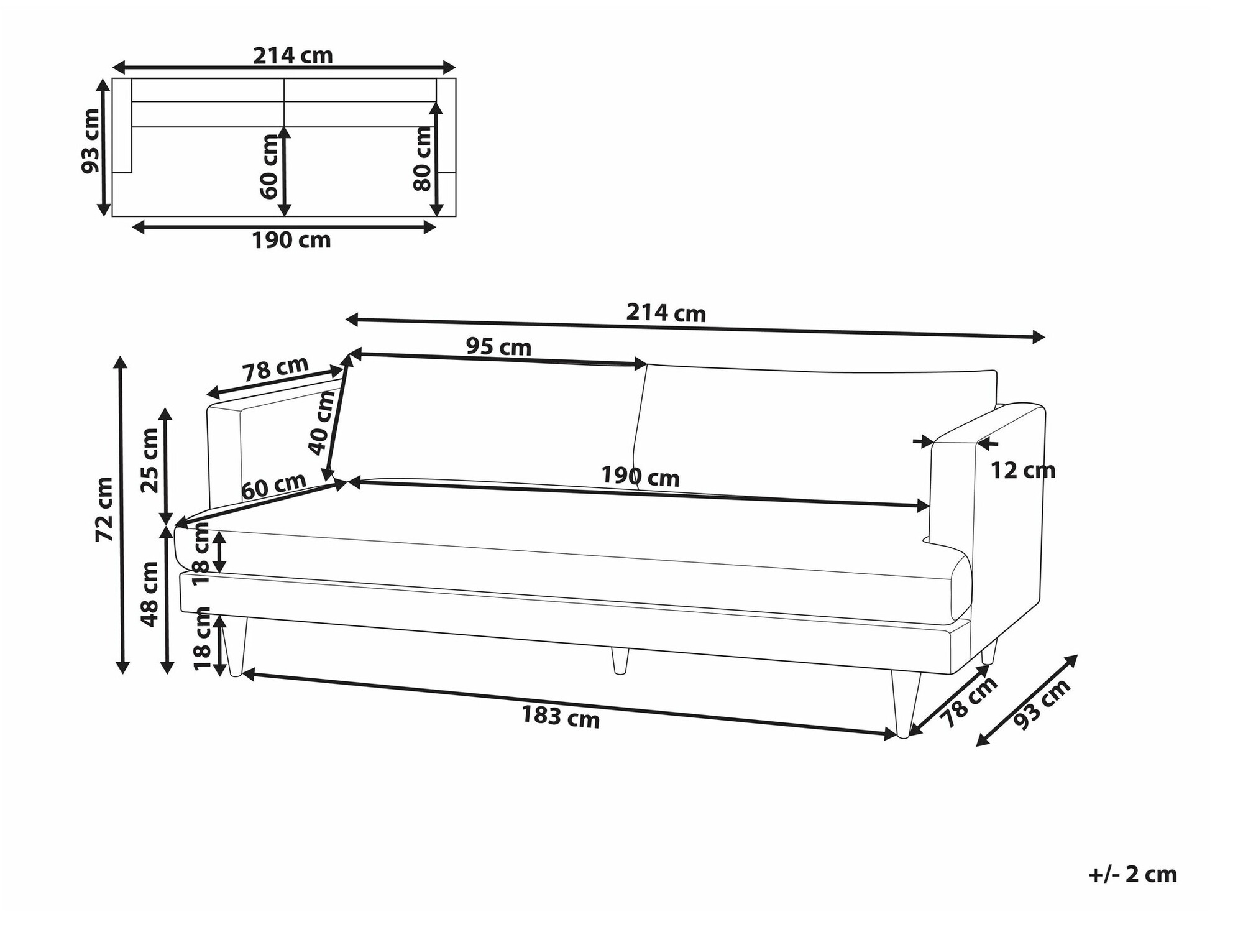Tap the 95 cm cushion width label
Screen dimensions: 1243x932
[x=499, y=346]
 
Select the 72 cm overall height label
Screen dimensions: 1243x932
[x=104, y=509]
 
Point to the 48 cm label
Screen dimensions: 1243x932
[x=150, y=594]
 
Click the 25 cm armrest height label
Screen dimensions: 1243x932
[x=150, y=460]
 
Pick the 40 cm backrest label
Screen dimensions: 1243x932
[x=322, y=423]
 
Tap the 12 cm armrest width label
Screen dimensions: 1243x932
[x=1022, y=471]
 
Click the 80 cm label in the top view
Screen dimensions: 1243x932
[x=422, y=159]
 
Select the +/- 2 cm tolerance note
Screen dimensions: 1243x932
[x=1133, y=875]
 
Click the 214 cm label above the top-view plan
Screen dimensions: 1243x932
[x=293, y=56]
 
